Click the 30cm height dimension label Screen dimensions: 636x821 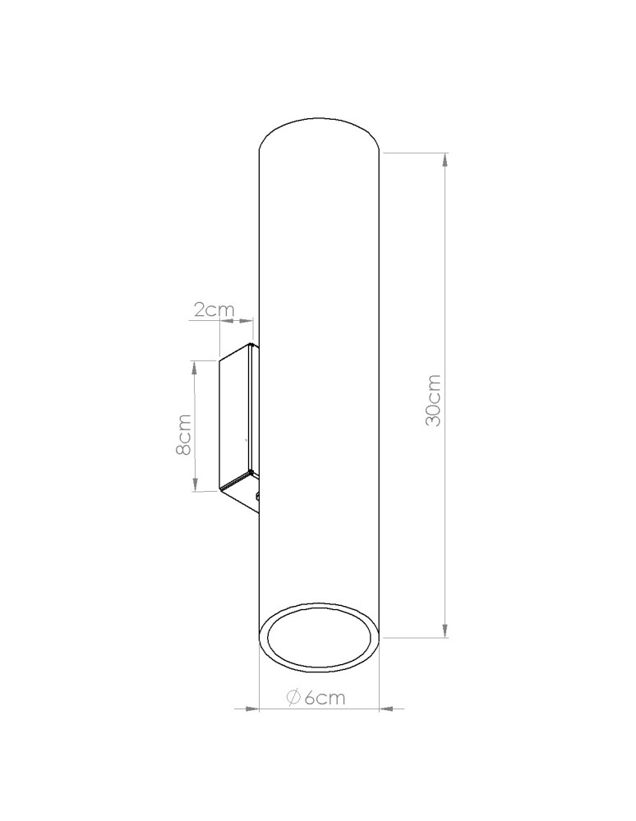pos(433,400)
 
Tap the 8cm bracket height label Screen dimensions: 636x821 pos(184,434)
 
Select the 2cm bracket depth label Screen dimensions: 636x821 pos(214,310)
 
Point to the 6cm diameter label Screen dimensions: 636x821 pos(316,697)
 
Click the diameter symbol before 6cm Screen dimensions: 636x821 pos(293,697)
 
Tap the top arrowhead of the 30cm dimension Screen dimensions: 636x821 pos(445,159)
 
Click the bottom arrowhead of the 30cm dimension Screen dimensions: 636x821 pos(445,631)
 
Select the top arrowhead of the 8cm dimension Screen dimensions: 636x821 pos(195,367)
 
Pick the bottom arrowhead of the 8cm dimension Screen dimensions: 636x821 pos(195,484)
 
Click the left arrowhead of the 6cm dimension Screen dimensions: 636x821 pos(252,709)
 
